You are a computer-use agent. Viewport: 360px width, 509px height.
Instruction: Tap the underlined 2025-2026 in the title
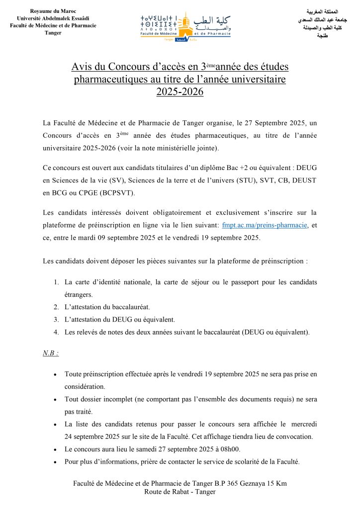[x=180, y=91]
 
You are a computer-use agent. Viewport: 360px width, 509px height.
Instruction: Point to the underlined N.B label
[x=51, y=353]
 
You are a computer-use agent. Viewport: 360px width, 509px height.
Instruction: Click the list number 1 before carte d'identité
[x=56, y=282]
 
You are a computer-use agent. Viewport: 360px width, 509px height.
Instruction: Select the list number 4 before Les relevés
[x=56, y=332]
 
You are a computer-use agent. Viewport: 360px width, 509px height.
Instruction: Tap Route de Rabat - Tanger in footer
[x=180, y=492]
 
